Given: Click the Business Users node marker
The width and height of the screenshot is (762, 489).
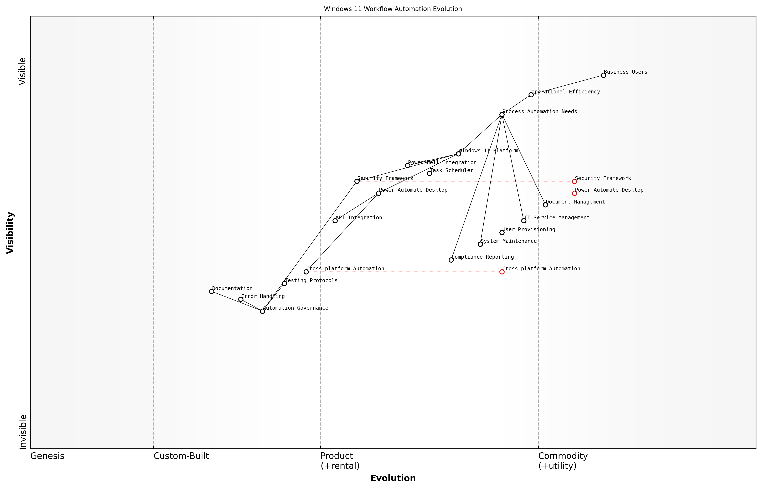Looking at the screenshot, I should click(x=603, y=75).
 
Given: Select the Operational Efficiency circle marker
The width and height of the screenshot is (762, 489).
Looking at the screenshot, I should click(x=531, y=95).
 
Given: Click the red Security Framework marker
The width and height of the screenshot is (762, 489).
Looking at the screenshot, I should click(x=574, y=181).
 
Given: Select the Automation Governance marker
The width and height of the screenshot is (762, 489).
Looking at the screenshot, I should click(x=262, y=311).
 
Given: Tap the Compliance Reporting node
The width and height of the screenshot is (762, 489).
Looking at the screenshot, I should click(x=451, y=260).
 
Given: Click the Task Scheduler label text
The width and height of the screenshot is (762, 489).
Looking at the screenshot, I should click(x=451, y=170).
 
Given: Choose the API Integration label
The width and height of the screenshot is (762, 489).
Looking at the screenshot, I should click(x=359, y=218).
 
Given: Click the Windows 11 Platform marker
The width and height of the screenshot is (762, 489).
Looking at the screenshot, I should click(x=458, y=154).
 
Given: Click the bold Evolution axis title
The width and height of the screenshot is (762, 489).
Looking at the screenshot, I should click(x=393, y=478).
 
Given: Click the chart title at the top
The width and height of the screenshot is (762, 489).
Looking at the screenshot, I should click(x=393, y=9).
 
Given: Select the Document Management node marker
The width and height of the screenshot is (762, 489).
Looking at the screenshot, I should click(x=545, y=205).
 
